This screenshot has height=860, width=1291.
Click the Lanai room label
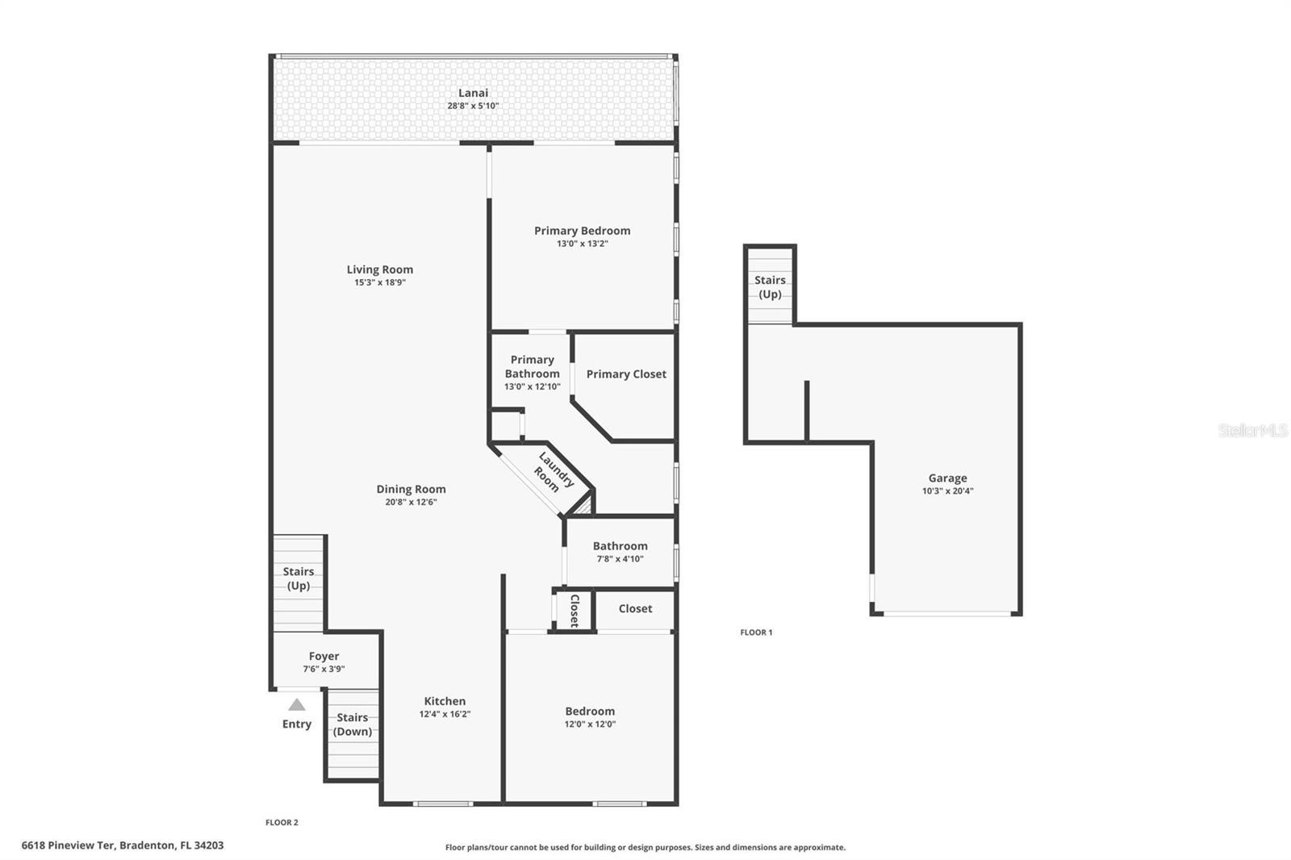pos(473,93)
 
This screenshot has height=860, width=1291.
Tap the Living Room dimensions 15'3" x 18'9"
pos(380,282)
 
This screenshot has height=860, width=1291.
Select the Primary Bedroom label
pos(582,231)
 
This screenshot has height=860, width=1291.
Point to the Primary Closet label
pos(626,374)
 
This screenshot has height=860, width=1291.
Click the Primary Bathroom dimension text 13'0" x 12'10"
pos(532,386)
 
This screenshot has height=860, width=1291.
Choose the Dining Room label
pos(411,489)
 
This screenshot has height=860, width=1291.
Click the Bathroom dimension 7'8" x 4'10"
pos(620,558)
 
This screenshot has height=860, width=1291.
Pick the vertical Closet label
pos(574,611)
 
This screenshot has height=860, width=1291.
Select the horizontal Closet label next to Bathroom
pos(635,608)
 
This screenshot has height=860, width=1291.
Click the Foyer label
pos(324,656)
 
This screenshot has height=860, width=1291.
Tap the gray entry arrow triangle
pos(297,704)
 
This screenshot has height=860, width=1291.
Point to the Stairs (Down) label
pos(352,724)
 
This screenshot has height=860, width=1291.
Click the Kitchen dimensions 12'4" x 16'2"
pos(445,714)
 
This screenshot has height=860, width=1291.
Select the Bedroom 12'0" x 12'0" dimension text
pos(590,724)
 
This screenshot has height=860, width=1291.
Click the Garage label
pos(947,478)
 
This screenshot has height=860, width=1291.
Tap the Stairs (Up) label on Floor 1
pos(770,287)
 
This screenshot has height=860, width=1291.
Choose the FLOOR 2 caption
pos(282,823)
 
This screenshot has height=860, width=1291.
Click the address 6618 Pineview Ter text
pos(69,845)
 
